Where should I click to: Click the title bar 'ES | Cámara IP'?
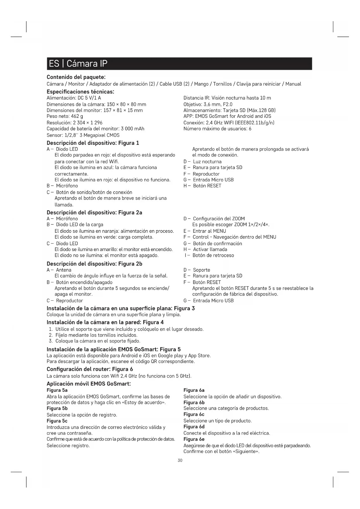pos(179,64)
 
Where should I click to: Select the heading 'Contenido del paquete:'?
pos(76,77)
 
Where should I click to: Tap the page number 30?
pos(180,461)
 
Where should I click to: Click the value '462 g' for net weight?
pos(77,116)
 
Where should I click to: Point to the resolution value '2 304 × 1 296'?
pos(88,122)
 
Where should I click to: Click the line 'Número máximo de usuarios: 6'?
pos(217,129)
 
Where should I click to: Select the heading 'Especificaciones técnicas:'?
pos(80,92)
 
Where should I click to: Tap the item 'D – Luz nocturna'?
pos(202,162)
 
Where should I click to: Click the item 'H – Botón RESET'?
pos(202,186)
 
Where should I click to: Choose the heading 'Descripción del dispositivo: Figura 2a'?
pos(94,212)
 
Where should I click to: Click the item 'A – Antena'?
pos(59,270)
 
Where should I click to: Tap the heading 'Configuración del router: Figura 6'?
pos(90,369)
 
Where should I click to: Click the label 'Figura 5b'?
pos(57,408)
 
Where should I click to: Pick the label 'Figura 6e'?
pos(194,439)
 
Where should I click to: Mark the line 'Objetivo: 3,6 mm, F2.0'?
pos(208,104)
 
